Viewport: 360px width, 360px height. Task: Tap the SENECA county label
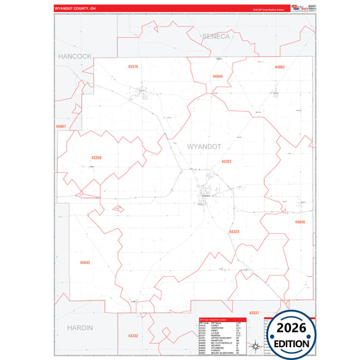(215, 35)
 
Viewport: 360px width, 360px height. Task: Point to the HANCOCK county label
(74, 56)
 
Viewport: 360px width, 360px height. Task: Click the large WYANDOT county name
(203, 146)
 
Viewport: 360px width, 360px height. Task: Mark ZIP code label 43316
(132, 67)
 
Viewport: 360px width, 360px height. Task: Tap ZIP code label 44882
(280, 68)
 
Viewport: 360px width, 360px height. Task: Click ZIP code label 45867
(62, 126)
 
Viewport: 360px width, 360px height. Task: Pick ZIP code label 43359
(97, 157)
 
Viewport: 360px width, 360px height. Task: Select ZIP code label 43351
(227, 162)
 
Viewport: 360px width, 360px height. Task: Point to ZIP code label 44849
(300, 222)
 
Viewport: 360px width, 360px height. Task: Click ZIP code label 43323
(234, 232)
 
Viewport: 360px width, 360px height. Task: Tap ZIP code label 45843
(84, 262)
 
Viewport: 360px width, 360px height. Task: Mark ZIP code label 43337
(253, 313)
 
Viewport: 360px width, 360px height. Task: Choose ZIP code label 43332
(133, 336)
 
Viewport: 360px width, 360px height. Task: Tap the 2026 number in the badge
(292, 328)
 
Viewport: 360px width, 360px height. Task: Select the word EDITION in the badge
(292, 343)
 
